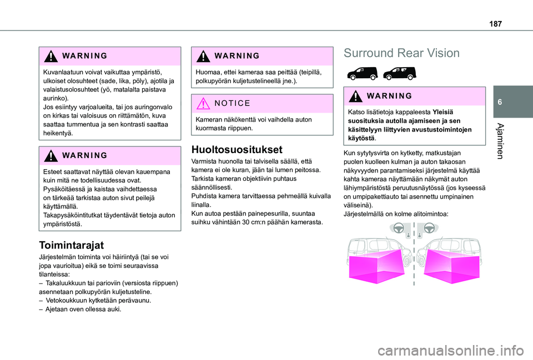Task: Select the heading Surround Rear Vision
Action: click(401, 53)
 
